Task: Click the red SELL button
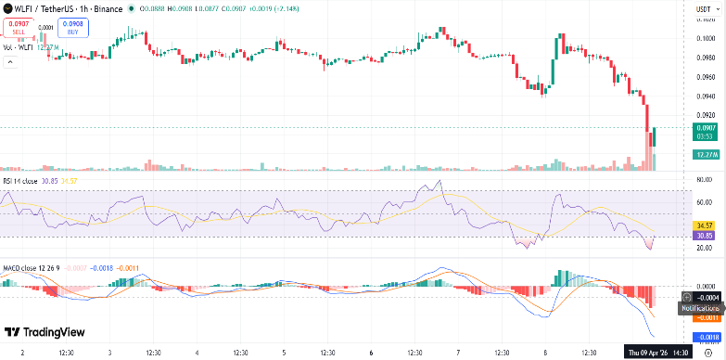pyautogui.click(x=19, y=27)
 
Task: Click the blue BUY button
pyautogui.click(x=72, y=27)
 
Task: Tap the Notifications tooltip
pyautogui.click(x=701, y=307)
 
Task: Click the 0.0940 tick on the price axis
pyautogui.click(x=706, y=96)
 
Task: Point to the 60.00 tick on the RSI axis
pyautogui.click(x=706, y=201)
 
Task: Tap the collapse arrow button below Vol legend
pyautogui.click(x=12, y=62)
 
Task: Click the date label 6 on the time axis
pyautogui.click(x=370, y=353)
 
